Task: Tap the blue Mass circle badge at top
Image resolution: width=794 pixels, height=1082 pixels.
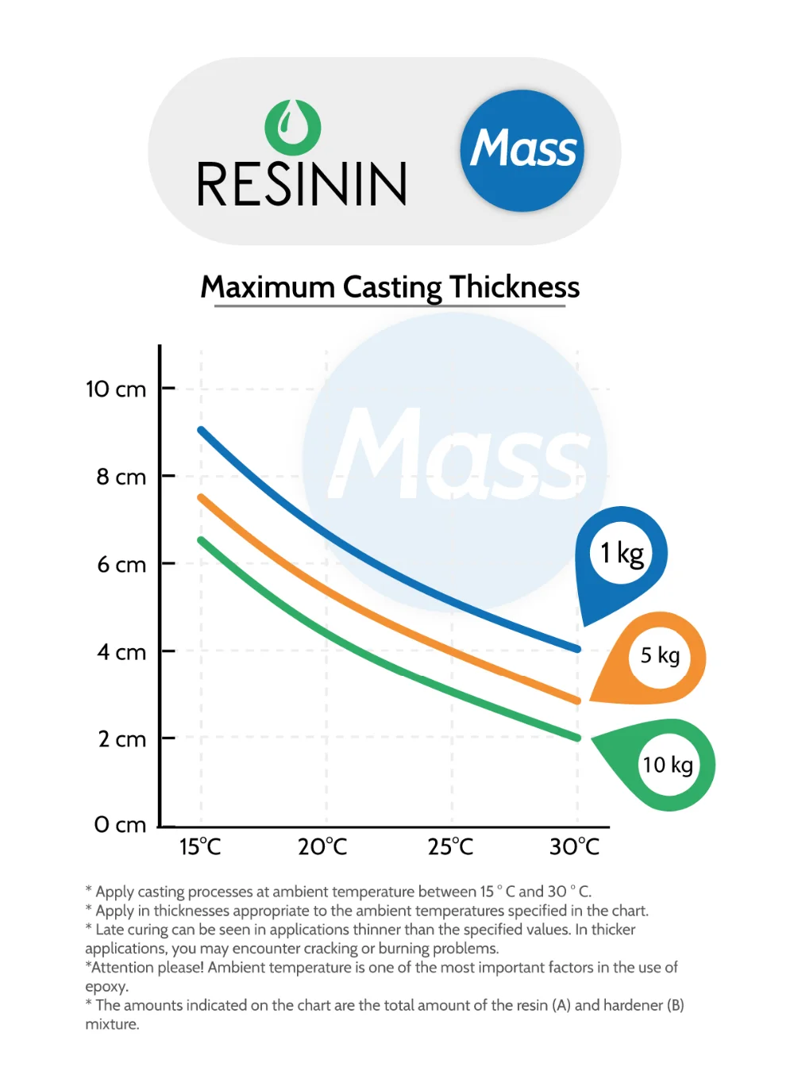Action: [522, 151]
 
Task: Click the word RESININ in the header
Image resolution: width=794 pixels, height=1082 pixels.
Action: [302, 185]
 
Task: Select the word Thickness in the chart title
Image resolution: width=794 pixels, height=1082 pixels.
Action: [515, 287]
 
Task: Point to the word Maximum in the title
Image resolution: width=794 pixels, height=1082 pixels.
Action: [268, 287]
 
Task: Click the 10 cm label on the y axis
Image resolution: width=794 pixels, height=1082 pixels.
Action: [116, 389]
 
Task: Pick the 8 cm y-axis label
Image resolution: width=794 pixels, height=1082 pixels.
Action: [121, 477]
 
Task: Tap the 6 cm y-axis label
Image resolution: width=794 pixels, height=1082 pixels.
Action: [121, 565]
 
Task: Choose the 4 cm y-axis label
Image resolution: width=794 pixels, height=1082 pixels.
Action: [121, 652]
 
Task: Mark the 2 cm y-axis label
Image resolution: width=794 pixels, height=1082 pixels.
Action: [121, 739]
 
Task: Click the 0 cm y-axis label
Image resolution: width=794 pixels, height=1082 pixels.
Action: [120, 825]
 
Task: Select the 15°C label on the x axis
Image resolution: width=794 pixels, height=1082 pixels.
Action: [200, 847]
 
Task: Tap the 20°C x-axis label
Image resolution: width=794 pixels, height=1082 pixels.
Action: [322, 847]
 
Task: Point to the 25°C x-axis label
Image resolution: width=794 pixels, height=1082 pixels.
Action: [450, 847]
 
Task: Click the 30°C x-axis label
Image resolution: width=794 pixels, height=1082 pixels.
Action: [574, 847]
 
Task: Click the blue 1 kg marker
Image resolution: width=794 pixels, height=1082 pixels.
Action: [621, 554]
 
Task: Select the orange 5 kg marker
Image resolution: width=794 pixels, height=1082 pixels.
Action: [659, 656]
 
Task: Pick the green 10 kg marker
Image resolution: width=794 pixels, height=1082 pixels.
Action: [667, 765]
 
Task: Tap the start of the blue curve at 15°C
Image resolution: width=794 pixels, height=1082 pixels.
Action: [202, 430]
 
